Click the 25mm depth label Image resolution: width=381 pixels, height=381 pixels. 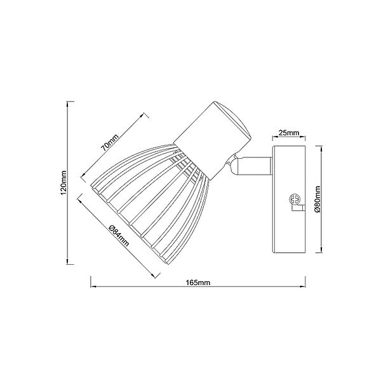pyautogui.click(x=288, y=133)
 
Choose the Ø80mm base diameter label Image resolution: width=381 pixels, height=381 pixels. pyautogui.click(x=318, y=197)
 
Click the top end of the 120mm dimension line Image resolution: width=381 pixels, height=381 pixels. pyautogui.click(x=69, y=101)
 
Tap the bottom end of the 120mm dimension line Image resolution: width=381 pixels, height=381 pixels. pyautogui.click(x=69, y=262)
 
